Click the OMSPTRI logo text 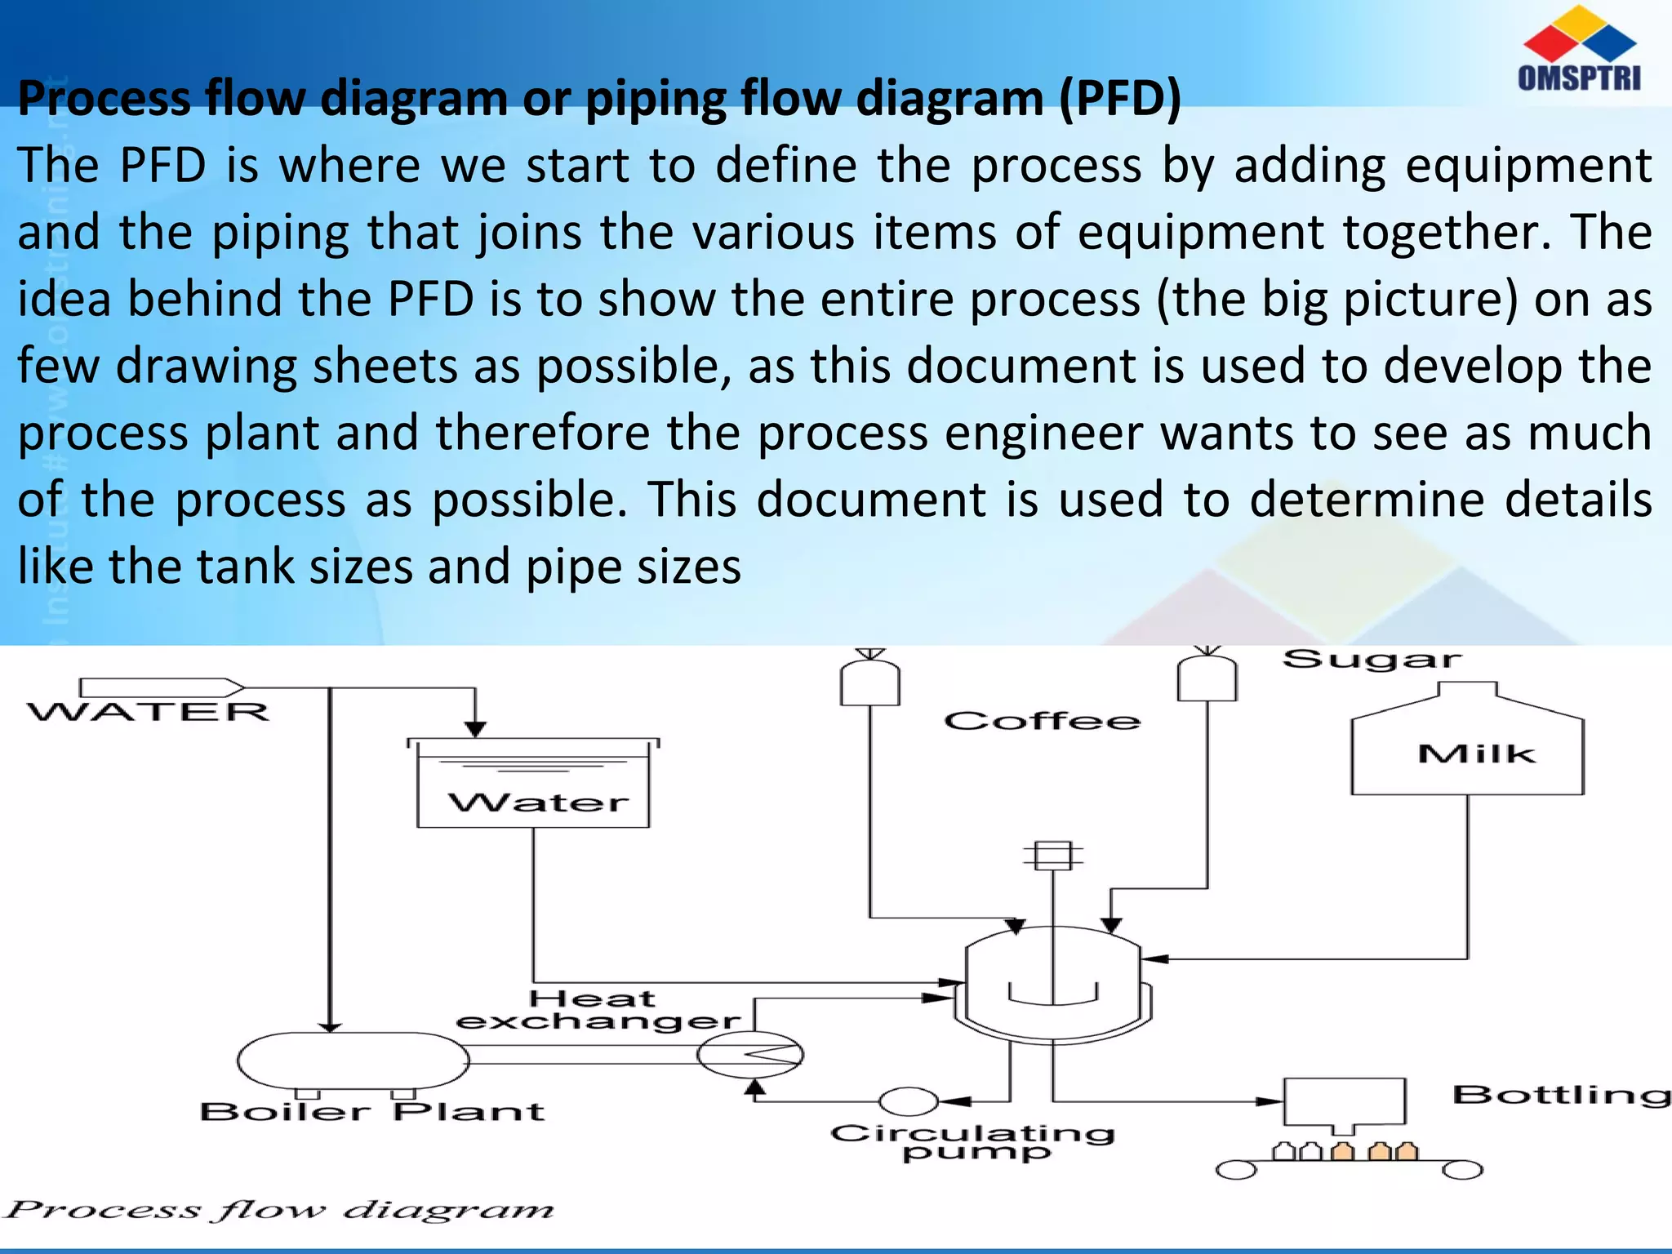click(1579, 78)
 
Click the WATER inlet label click(149, 712)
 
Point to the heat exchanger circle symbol click(749, 1054)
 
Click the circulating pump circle click(908, 1101)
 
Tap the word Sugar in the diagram click(1372, 660)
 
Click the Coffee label click(1042, 721)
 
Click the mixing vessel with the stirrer click(1053, 984)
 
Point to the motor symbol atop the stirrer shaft click(1053, 856)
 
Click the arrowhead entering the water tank click(475, 729)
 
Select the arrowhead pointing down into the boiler click(330, 1026)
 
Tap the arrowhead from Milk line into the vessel click(1155, 958)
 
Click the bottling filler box click(1345, 1102)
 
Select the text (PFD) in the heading click(1120, 99)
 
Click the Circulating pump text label click(972, 1141)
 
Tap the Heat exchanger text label click(597, 1010)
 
